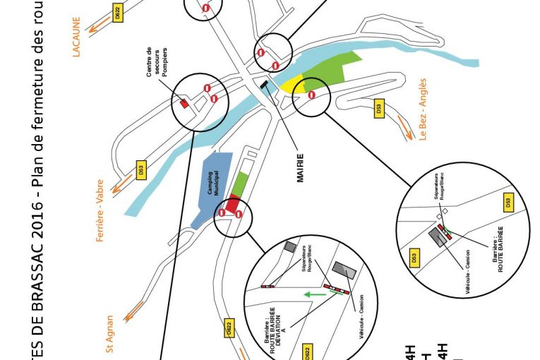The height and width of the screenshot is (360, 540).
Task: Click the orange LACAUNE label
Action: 76,37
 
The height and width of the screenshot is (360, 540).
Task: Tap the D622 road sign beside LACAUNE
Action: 118,11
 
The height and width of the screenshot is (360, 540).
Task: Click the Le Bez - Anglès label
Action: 423,119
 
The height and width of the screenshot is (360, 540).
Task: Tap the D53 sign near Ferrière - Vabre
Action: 141,170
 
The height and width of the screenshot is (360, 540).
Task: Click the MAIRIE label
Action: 300,168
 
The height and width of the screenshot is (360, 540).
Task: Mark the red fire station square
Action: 185,104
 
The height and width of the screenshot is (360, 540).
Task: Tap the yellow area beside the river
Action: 291,84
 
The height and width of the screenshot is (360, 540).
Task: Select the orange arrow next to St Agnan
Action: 134,311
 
